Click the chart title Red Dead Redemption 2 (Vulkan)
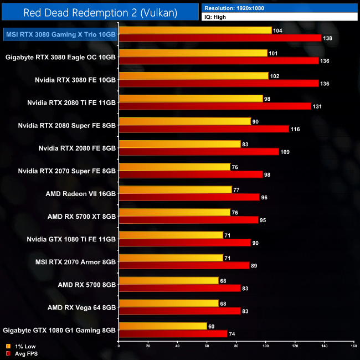(100, 13)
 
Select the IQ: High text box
(279, 17)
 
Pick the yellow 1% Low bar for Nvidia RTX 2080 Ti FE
(191, 99)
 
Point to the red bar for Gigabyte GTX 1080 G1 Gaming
(173, 333)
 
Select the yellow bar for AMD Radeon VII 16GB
(175, 189)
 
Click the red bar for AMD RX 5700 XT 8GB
(188, 220)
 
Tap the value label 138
(328, 38)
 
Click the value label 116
(296, 128)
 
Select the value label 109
(286, 151)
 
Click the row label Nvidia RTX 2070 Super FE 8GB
(66, 171)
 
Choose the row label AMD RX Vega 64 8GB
(81, 307)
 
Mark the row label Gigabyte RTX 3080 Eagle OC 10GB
(60, 57)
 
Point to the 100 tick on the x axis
(265, 346)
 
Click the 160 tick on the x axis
(353, 346)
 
